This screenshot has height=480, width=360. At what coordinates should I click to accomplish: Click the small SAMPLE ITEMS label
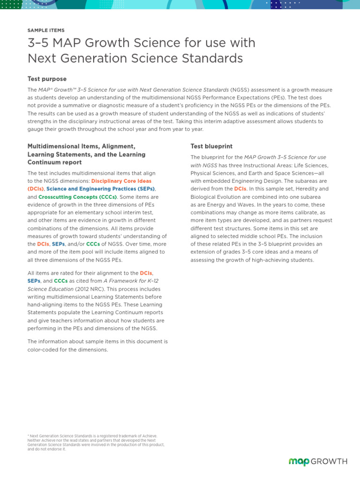(x=46, y=30)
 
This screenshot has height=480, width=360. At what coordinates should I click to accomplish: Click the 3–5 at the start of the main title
(x=38, y=43)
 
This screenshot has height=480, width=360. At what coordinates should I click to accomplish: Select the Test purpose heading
(x=47, y=79)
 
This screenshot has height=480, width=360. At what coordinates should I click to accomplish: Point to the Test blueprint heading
(x=211, y=146)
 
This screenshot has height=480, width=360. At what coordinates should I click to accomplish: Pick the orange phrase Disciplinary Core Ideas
(x=121, y=181)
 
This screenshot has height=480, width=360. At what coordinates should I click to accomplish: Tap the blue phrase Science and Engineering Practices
(x=101, y=189)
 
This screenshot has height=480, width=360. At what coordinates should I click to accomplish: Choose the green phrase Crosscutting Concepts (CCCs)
(x=77, y=197)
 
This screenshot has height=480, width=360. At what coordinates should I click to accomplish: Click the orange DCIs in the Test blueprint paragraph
(x=240, y=189)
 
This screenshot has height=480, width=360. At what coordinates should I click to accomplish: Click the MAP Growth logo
(x=318, y=462)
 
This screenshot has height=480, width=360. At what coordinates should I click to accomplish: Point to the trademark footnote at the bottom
(x=96, y=442)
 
